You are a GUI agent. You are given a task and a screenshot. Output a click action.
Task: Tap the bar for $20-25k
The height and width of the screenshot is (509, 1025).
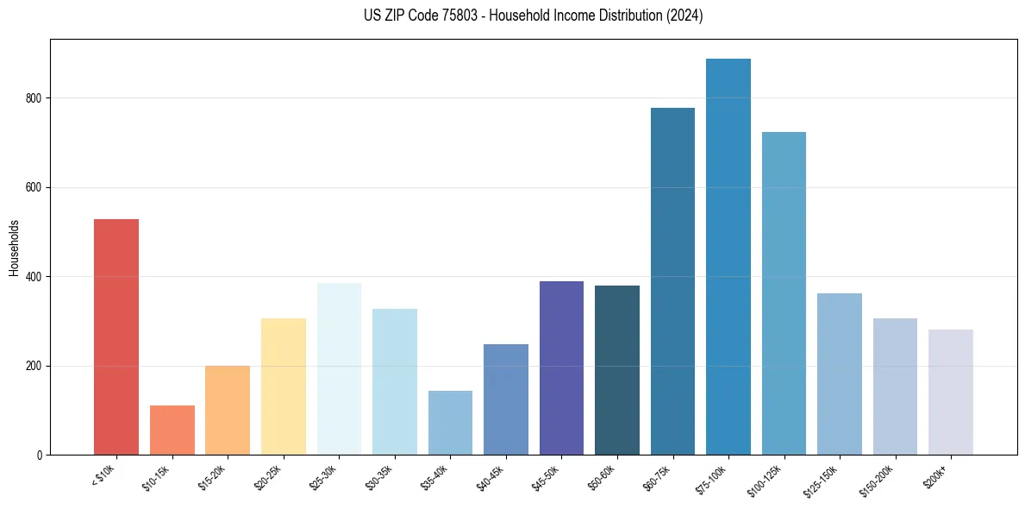click(x=283, y=386)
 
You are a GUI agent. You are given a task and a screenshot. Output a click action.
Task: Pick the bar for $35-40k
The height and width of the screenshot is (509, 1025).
click(x=450, y=423)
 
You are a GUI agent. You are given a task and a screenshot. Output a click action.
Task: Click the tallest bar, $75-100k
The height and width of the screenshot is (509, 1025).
click(x=728, y=256)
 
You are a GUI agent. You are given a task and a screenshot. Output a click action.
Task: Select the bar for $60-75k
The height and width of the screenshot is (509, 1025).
click(x=672, y=281)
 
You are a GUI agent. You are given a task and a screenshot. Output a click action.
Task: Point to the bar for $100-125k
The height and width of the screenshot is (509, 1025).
click(x=784, y=293)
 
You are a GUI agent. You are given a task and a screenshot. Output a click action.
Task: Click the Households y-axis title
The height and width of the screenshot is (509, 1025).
click(x=14, y=248)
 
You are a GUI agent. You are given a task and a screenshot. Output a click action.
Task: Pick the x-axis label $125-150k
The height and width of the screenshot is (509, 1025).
click(x=822, y=478)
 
